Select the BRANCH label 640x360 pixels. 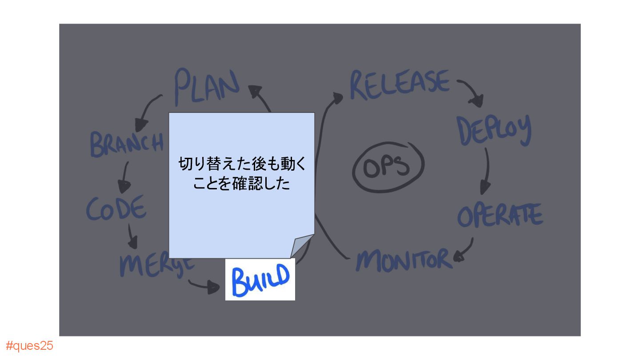[127, 143]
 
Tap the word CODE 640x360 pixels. [116, 208]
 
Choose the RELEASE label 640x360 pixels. [400, 84]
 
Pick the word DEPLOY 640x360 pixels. [494, 130]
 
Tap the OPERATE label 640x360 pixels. [500, 216]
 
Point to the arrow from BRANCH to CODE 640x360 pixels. [125, 177]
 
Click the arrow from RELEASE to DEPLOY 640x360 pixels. [471, 92]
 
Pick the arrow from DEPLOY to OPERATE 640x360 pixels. [487, 171]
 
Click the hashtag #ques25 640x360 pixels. [29, 346]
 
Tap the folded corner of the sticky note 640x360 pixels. [302, 246]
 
